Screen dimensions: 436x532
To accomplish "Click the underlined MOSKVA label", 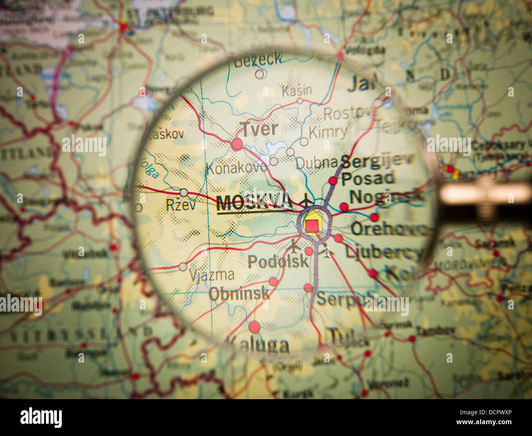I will pos(254,203).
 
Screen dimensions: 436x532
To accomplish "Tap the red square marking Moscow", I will pos(313,225).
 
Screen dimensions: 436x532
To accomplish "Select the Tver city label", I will pos(259,129).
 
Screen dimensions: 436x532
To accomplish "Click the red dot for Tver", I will pos(237,144).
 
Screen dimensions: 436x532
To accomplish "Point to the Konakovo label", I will pos(236,167).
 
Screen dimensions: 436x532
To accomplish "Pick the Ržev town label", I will pos(181,204).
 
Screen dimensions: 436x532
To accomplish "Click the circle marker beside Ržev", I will pos(184,192).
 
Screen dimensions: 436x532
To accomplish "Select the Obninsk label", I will pos(239,293).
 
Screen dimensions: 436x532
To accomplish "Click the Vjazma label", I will pos(212,274).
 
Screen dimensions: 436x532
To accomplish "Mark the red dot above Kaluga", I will pos(254,327).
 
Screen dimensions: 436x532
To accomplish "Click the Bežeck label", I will pos(258,60).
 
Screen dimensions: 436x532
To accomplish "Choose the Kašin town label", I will pos(297,90).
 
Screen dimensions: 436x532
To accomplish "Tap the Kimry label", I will pos(328,132).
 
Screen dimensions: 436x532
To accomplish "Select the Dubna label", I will pos(316,163).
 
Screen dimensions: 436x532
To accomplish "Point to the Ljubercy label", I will pos(382,252).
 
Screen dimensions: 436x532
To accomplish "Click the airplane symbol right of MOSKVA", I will pos(306,201).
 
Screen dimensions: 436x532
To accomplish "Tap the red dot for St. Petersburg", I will pos(123,27).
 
